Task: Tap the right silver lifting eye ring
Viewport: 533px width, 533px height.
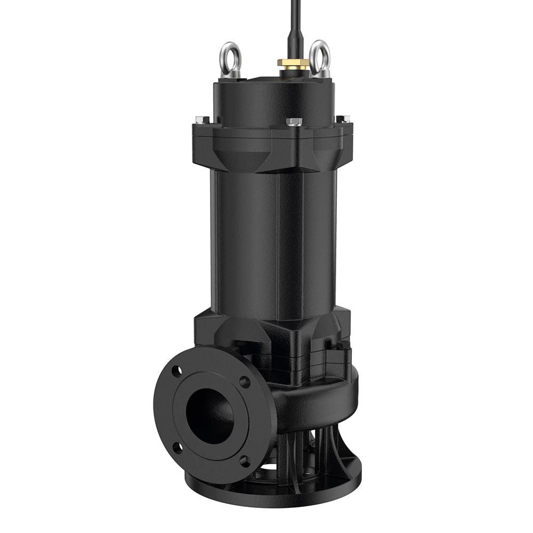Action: tap(320, 55)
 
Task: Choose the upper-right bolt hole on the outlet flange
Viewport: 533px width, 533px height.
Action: tap(245, 382)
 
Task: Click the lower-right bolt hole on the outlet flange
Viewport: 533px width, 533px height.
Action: tap(245, 462)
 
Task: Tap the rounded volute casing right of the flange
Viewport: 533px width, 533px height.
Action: tap(320, 394)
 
